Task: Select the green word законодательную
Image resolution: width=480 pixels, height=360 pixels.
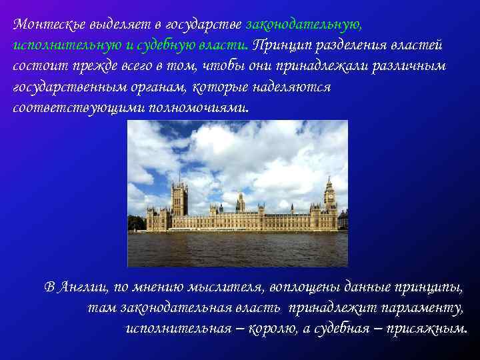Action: click(303, 25)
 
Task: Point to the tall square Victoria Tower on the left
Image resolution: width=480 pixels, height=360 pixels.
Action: click(179, 200)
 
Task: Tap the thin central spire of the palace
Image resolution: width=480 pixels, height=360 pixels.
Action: click(240, 200)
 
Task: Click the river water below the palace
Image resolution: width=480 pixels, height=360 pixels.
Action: click(237, 250)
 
